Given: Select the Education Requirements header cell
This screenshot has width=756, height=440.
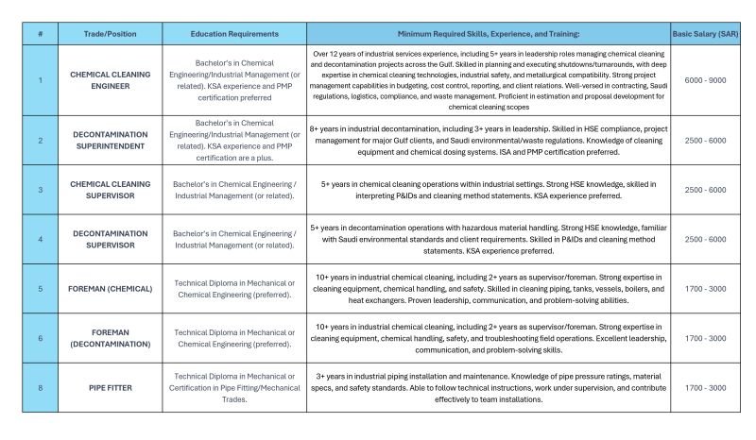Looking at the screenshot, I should click(x=231, y=33).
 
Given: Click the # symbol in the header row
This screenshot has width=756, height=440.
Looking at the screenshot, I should click(x=40, y=33).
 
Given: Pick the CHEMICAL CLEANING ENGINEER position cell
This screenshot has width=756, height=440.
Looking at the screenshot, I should click(x=105, y=79).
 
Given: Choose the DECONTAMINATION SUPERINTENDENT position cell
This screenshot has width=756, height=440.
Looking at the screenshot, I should click(x=105, y=140).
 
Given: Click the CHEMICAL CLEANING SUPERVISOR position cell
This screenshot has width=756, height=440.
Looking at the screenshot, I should click(x=105, y=189).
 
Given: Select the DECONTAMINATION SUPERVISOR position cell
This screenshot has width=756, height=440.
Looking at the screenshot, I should click(x=105, y=239).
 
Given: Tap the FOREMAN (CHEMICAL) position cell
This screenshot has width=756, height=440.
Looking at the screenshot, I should click(x=105, y=288).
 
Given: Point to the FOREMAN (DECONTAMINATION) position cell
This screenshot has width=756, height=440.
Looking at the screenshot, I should click(x=105, y=338).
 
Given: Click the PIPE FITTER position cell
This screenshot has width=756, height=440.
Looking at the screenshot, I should click(x=105, y=387).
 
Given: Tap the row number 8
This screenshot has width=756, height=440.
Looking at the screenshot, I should click(x=40, y=387).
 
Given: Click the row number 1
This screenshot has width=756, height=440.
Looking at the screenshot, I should click(x=40, y=79).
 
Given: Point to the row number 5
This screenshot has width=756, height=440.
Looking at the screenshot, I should click(x=40, y=288).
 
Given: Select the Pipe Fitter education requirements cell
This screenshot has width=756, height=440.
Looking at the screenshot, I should click(x=231, y=387).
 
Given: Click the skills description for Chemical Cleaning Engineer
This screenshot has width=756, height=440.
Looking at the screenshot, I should click(x=488, y=79).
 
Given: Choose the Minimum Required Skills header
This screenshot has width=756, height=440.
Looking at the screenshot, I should click(x=488, y=33).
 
